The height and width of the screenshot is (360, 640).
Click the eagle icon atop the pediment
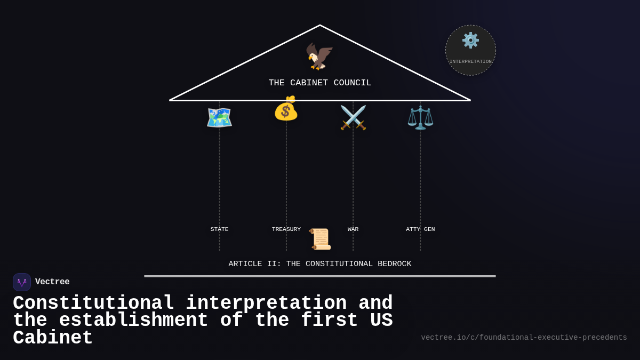(x=319, y=56)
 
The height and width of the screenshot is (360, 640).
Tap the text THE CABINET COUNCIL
(x=320, y=83)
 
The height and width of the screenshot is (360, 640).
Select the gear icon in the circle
(x=470, y=41)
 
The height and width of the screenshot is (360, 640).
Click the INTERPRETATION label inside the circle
(x=470, y=62)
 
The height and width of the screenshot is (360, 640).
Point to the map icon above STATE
(x=219, y=117)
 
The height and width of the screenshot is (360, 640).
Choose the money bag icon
(x=286, y=108)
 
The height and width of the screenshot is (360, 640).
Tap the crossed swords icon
(x=353, y=117)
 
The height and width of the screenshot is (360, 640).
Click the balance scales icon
(x=420, y=117)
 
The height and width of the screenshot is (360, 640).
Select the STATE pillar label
(x=219, y=229)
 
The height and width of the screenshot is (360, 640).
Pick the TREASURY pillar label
(x=286, y=229)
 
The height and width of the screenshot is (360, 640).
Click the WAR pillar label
(x=353, y=229)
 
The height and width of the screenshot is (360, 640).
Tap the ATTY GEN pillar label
(x=420, y=229)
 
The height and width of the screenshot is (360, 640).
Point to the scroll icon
(x=321, y=239)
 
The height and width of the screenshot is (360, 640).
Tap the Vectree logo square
(x=22, y=282)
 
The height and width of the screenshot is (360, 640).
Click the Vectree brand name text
(x=52, y=282)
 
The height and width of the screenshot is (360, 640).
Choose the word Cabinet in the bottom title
(x=53, y=338)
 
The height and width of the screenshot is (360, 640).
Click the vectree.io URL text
(x=524, y=338)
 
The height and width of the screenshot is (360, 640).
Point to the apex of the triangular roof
(x=320, y=26)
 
